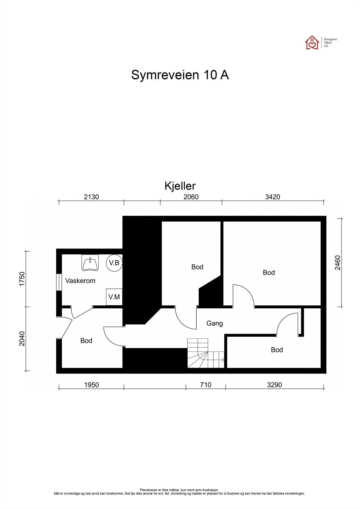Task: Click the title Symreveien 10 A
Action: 180,75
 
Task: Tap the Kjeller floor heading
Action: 180,186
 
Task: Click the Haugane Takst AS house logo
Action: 312,43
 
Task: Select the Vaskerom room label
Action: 80,281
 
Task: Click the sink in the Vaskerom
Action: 90,263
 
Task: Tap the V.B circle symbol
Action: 114,263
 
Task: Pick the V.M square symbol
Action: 114,297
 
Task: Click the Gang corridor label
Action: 215,323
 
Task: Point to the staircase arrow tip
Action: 224,360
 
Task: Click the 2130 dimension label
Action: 91,197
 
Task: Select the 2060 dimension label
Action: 191,197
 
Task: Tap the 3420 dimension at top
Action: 273,197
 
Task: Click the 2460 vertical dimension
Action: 337,263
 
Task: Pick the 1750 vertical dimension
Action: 22,279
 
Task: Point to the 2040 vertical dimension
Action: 22,339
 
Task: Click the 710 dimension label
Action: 206,385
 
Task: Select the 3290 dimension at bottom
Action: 274,385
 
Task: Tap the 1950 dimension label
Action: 91,385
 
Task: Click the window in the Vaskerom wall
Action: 59,282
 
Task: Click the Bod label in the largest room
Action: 269,272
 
